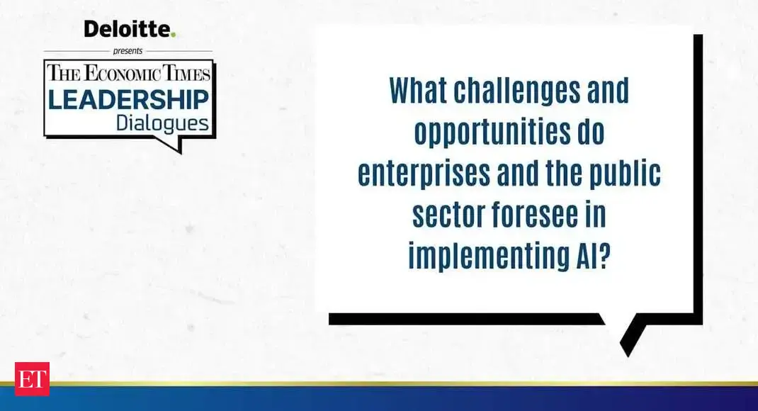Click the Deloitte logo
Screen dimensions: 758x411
[130, 29]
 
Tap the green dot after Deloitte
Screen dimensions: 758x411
[173, 35]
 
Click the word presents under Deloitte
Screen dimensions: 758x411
[128, 51]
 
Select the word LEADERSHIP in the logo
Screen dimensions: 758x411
[129, 100]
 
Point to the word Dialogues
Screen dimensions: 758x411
[162, 123]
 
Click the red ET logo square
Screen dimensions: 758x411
[32, 378]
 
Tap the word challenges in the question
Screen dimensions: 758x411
[516, 90]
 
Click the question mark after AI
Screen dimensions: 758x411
[602, 255]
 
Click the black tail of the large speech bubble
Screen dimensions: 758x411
[632, 334]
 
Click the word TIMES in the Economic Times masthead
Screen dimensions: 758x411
[186, 74]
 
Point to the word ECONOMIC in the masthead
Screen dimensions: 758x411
[122, 74]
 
